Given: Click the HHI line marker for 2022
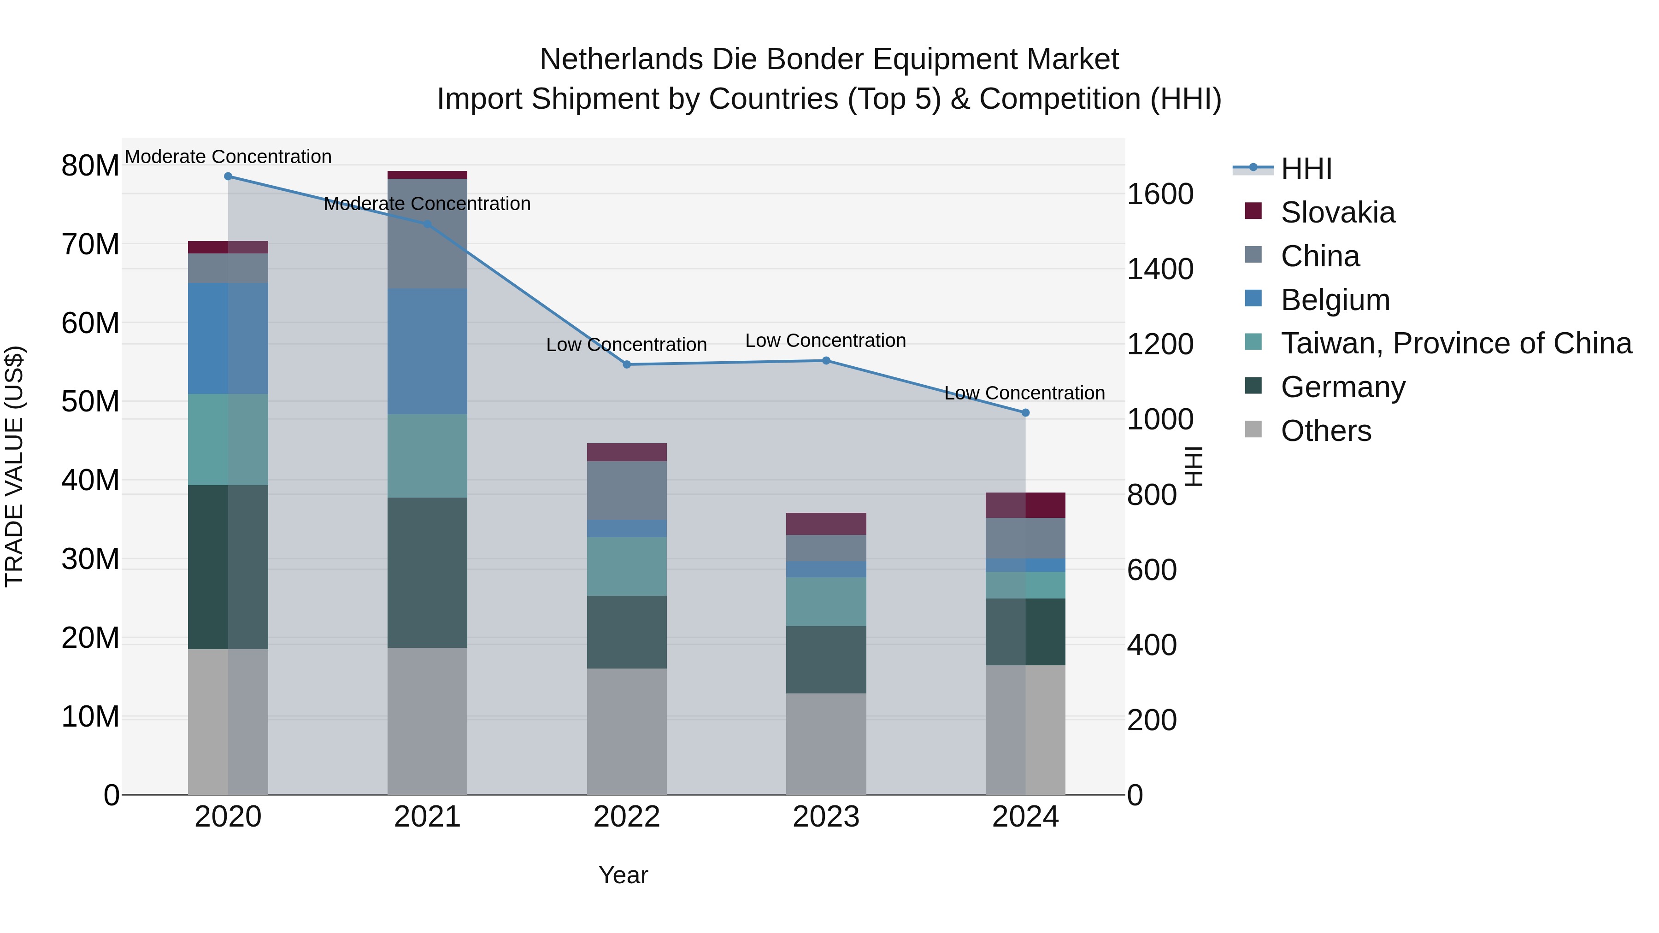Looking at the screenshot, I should pos(627,364).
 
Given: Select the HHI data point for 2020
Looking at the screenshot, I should pos(228,176).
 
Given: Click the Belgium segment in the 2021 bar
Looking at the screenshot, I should pos(427,351).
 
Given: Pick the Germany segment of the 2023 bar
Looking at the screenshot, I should pos(826,659).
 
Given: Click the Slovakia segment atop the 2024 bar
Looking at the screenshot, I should pos(1025,505).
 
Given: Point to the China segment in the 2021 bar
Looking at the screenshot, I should pos(427,233).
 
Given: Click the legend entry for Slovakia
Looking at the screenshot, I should pos(1338,212).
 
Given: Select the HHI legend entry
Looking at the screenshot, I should pos(1306,169).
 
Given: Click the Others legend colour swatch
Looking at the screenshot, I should pos(1253,429).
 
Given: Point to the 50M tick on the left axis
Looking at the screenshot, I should pos(90,402).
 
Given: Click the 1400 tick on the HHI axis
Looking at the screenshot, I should pos(1160,269).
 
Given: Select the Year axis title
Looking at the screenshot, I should pos(623,875).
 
